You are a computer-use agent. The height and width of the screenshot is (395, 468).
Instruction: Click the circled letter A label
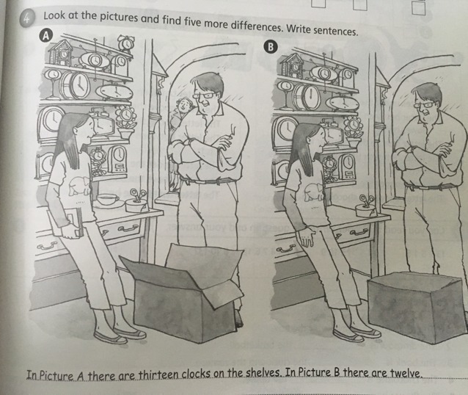(45, 35)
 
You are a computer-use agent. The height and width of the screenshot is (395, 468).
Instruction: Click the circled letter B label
(271, 47)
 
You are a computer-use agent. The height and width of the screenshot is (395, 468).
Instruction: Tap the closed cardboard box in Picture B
(416, 306)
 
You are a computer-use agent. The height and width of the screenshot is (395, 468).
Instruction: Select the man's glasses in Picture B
(424, 105)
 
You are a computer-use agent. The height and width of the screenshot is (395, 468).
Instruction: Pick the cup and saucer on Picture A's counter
(106, 200)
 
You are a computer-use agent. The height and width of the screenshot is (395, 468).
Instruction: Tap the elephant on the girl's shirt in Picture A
(78, 186)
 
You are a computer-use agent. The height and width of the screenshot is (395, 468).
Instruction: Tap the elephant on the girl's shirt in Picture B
(313, 192)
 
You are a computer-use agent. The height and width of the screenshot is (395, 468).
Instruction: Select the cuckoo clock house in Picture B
(292, 65)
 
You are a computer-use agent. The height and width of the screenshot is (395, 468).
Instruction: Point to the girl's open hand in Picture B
(306, 238)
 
